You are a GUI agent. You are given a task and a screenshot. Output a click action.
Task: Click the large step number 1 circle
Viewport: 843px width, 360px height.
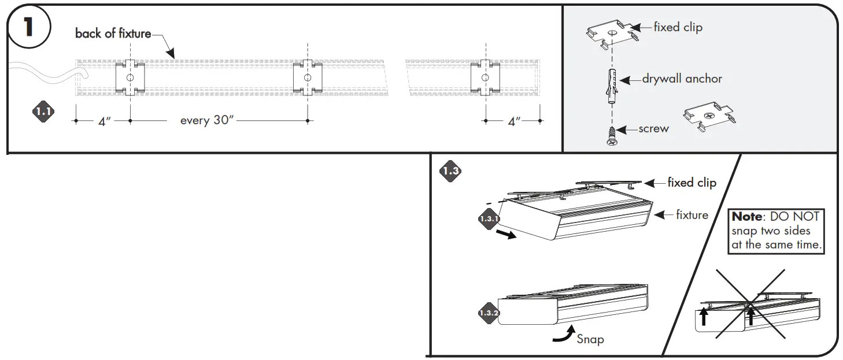coord(29,28)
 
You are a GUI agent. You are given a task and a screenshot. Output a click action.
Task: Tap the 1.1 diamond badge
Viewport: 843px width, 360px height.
coord(43,112)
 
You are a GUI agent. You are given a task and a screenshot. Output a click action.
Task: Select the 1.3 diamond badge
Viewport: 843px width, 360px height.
coord(450,170)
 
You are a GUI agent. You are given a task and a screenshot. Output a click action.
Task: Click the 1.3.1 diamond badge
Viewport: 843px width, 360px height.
coord(489,219)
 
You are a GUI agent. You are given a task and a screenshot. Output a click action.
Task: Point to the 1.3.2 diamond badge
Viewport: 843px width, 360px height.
coord(489,313)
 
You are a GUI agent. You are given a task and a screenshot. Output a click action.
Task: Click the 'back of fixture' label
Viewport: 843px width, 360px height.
coord(113,34)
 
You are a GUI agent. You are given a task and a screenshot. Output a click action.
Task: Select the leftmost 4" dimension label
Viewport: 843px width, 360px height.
coord(104,121)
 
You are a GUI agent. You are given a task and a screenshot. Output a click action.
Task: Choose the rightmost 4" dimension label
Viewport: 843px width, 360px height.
coord(513,121)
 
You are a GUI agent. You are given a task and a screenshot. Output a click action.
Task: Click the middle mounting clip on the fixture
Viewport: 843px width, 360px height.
coord(308,77)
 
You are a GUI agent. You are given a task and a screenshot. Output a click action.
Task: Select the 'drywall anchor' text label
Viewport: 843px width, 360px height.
coord(682,79)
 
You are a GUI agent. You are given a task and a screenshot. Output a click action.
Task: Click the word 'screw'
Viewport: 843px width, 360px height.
coord(653,129)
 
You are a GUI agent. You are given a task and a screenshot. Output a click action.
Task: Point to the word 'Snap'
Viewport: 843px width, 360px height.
coord(590,339)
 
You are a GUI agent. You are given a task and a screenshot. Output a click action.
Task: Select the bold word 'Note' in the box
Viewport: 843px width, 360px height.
coord(746,217)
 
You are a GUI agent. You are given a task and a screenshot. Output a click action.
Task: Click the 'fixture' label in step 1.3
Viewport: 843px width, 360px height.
coord(692,215)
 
